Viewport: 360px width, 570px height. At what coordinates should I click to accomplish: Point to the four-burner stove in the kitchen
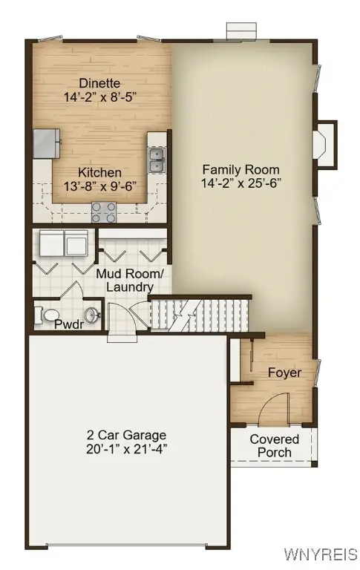103,212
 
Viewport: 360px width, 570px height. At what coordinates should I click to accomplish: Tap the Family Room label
241,169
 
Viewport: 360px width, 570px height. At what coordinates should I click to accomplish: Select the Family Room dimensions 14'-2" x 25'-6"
241,183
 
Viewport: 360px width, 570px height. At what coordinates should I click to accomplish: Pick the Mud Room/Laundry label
130,281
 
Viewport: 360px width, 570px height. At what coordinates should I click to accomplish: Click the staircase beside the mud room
197,315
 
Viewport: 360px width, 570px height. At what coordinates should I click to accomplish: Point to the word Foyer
284,373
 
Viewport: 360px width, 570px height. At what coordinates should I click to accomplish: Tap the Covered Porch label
274,445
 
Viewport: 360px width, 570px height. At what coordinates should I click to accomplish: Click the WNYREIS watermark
321,554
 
